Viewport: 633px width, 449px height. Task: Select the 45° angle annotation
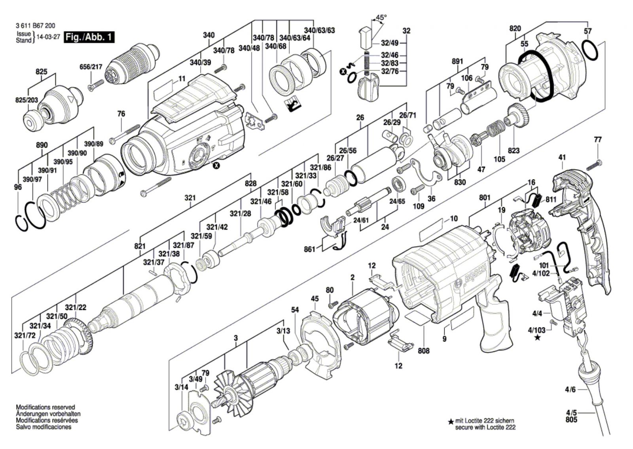coord(381,17)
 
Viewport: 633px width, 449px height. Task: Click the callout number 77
coord(597,139)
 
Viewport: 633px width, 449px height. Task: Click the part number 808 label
coord(423,351)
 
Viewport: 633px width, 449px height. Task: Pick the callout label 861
coord(309,249)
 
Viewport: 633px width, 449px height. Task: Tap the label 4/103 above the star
coord(536,330)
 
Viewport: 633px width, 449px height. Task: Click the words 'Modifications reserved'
coord(45,407)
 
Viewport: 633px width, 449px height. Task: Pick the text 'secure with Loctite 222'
coord(485,427)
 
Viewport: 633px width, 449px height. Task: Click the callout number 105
coord(499,159)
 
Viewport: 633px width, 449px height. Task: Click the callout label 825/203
coord(25,100)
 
